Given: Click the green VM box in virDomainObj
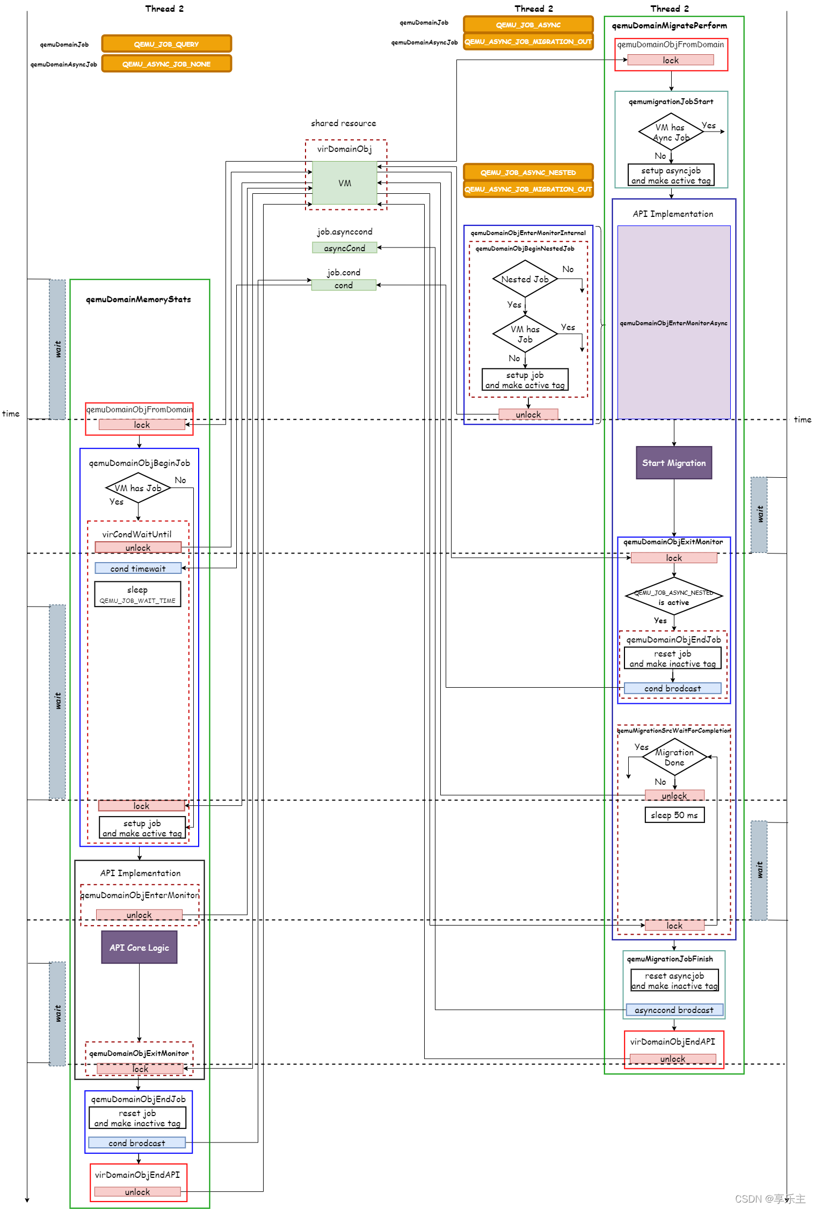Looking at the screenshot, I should (344, 183).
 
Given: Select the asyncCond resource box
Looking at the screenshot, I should (344, 248).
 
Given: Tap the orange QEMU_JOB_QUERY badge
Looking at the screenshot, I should (166, 44).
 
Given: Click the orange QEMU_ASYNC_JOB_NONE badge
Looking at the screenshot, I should (166, 64).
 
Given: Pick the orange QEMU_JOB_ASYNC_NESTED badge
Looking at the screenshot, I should (528, 172).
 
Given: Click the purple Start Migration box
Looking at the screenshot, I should (674, 463).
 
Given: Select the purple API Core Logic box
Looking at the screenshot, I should (139, 948).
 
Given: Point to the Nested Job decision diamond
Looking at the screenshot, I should (525, 279).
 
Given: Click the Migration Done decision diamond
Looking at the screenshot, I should (674, 757).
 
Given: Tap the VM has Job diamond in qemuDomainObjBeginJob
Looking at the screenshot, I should (138, 488).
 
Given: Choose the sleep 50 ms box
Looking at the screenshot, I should (674, 815).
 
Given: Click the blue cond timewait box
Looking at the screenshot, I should (138, 569).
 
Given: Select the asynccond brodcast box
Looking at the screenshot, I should (674, 1010).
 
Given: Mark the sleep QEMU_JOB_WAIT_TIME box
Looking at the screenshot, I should (137, 594).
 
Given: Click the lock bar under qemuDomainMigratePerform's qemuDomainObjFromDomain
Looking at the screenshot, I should (671, 60).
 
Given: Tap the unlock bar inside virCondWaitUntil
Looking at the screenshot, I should (138, 548).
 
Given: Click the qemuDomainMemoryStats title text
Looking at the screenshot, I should (139, 299).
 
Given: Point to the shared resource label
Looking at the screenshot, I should (344, 123).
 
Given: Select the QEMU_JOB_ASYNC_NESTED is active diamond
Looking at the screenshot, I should (674, 596).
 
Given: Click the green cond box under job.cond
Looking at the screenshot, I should (344, 285).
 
